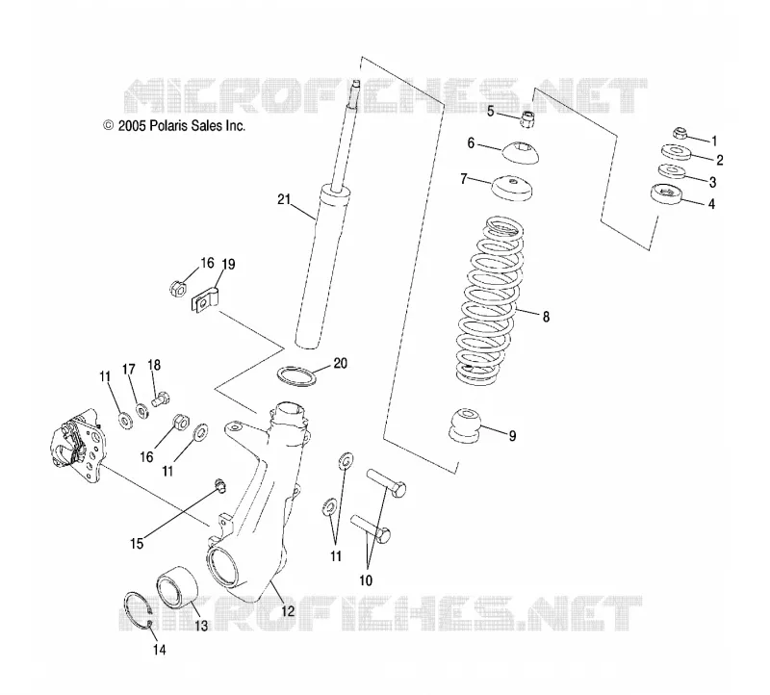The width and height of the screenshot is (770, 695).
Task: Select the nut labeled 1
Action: click(x=680, y=133)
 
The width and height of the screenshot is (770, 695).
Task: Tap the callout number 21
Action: click(x=284, y=199)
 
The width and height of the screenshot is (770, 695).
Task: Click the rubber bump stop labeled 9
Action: click(x=465, y=424)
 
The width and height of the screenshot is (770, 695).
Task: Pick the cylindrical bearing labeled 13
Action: click(x=177, y=587)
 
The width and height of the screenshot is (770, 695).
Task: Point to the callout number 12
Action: click(x=288, y=610)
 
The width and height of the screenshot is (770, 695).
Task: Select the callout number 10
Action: click(x=366, y=580)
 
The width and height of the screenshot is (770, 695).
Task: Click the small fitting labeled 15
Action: click(x=220, y=486)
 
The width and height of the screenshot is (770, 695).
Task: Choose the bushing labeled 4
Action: click(x=666, y=194)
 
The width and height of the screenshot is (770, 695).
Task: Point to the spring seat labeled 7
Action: click(x=512, y=188)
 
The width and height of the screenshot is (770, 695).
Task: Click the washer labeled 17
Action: click(x=142, y=410)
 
